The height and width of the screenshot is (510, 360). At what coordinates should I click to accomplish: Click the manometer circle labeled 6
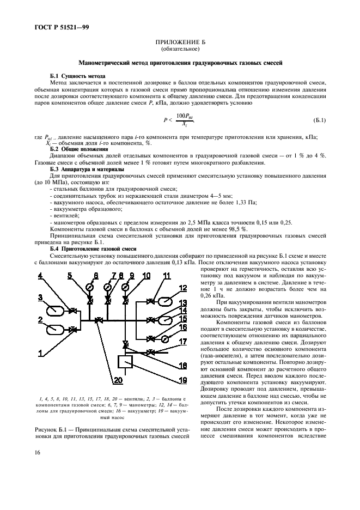(x=89, y=285)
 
